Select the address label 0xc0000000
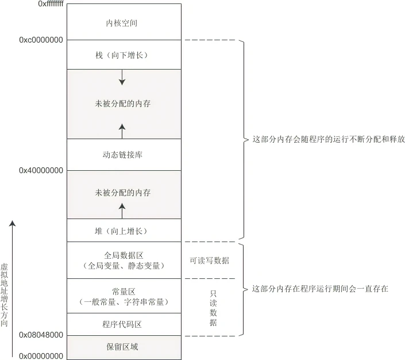(41, 40)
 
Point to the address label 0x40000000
(41, 171)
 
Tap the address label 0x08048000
(41, 335)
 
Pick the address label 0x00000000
(41, 356)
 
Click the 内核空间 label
(122, 24)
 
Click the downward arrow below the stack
(122, 78)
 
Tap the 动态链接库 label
(122, 155)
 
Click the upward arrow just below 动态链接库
(122, 131)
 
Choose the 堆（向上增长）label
(122, 231)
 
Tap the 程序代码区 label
(122, 324)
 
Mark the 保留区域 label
(122, 347)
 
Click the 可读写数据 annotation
(209, 261)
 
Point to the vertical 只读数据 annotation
(213, 308)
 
